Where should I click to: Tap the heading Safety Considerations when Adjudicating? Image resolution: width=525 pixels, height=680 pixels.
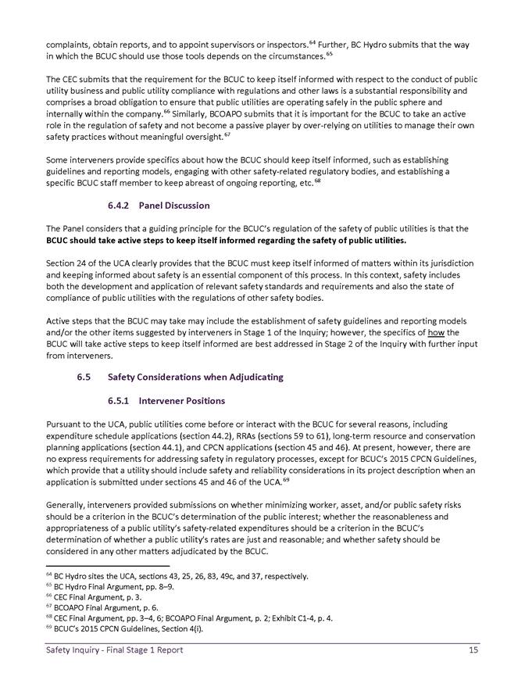195,378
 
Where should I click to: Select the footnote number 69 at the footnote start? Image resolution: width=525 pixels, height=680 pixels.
48,627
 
